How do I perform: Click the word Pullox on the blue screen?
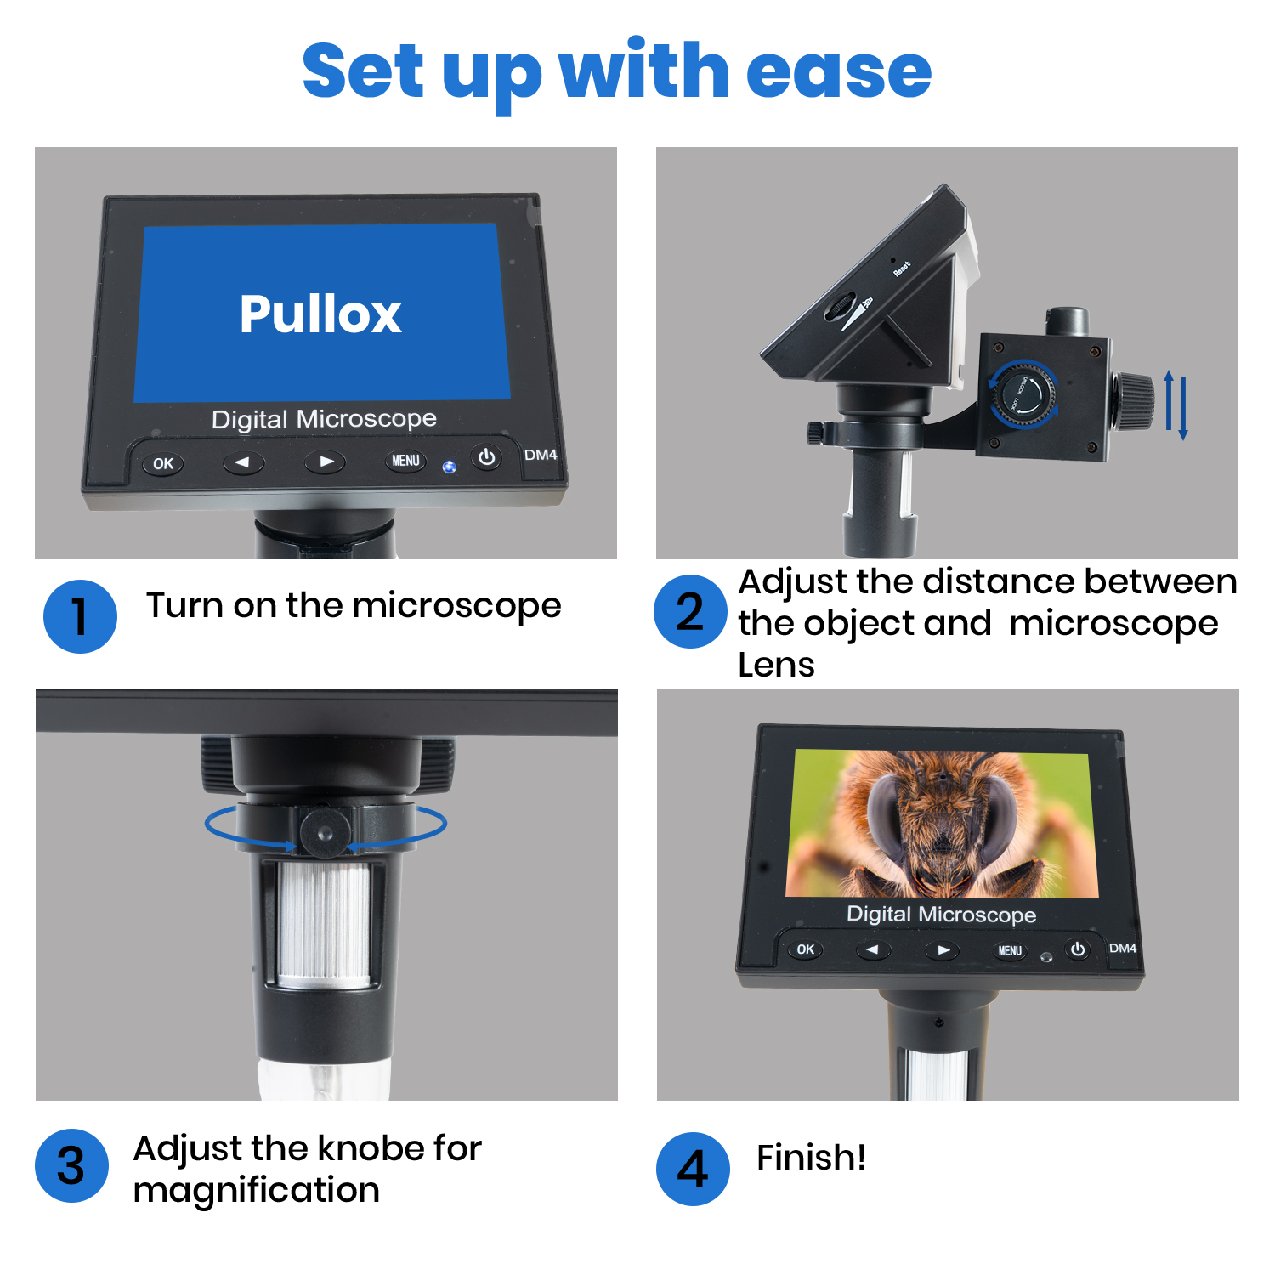[x=320, y=314]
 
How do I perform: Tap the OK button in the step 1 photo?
[x=162, y=464]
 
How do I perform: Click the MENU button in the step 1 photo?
[x=405, y=461]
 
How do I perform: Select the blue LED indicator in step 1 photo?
[x=450, y=467]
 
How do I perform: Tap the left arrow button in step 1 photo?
[x=243, y=462]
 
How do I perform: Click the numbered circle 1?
[x=80, y=616]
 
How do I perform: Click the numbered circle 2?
[x=690, y=612]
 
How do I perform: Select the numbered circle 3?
[x=71, y=1165]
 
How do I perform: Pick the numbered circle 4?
[x=693, y=1169]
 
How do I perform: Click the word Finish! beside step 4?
[x=811, y=1158]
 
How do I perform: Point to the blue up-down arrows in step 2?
[x=1176, y=405]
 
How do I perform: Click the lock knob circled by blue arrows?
[x=1023, y=394]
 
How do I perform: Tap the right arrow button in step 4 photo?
[x=942, y=950]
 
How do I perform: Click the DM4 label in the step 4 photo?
[x=1122, y=948]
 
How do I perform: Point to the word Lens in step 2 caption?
[x=776, y=665]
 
